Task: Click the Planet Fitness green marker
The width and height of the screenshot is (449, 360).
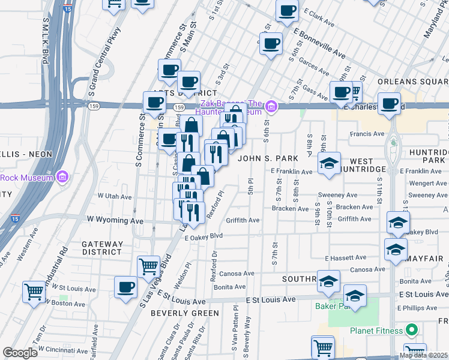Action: point(412,330)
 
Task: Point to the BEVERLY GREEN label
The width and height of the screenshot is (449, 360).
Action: point(185,313)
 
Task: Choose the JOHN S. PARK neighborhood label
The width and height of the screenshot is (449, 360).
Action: point(267,158)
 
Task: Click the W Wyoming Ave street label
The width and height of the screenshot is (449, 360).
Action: point(115,220)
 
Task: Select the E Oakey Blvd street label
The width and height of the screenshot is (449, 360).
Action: point(203,238)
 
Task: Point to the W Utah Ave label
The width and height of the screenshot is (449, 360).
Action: point(115,197)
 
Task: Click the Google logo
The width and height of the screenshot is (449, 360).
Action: point(20,353)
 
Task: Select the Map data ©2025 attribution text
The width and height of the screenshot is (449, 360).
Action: point(423,355)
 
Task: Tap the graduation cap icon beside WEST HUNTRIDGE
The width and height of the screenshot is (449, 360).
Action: point(329,164)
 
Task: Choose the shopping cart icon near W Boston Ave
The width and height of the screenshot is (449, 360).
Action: point(34,292)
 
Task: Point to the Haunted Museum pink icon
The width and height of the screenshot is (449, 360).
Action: point(271,107)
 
